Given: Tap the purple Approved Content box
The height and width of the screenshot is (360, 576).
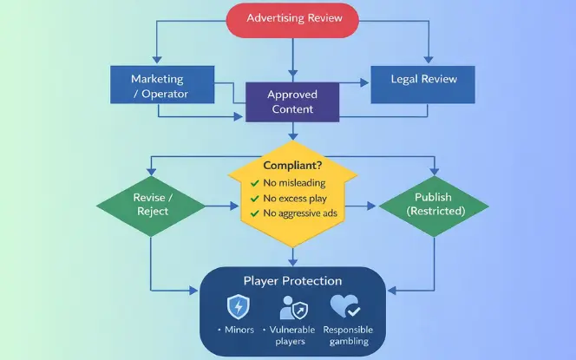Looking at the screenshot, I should tap(291, 102).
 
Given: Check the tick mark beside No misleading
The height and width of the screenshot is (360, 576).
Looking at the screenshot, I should tap(253, 183).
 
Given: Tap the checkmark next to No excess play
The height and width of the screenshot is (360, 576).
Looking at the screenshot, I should tap(253, 199).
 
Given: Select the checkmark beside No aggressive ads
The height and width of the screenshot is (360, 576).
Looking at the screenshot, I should tap(253, 213).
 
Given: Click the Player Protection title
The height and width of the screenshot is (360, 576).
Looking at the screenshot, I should tap(291, 281).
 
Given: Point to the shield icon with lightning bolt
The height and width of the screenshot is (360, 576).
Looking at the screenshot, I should tap(239, 307).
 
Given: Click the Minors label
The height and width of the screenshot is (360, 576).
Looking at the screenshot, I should tap(240, 331).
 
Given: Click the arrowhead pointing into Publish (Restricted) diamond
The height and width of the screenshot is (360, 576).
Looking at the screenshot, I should tap(374, 206).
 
